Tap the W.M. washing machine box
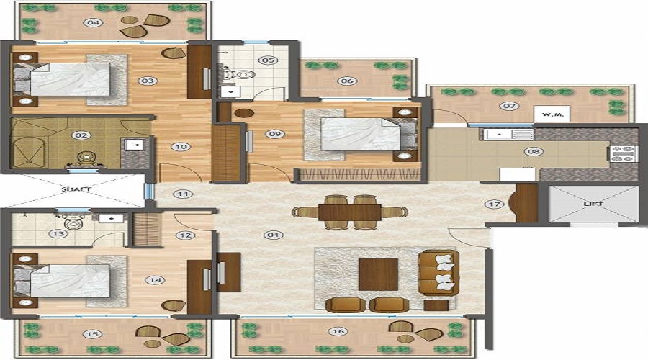tap(552, 114)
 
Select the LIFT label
tap(593, 204)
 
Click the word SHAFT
tap(76, 190)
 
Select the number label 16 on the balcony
tap(336, 333)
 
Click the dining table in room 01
tap(350, 212)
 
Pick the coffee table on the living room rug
tap(378, 274)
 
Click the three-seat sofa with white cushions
tap(438, 273)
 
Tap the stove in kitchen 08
tap(621, 153)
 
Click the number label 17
tap(494, 204)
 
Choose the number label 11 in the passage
tap(184, 194)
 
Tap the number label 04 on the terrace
tap(92, 22)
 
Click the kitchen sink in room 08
tap(498, 134)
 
